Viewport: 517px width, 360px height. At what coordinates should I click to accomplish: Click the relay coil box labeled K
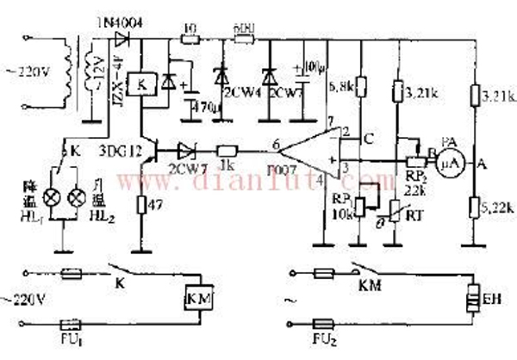140,86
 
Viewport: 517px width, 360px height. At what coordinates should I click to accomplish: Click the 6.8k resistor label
341,86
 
